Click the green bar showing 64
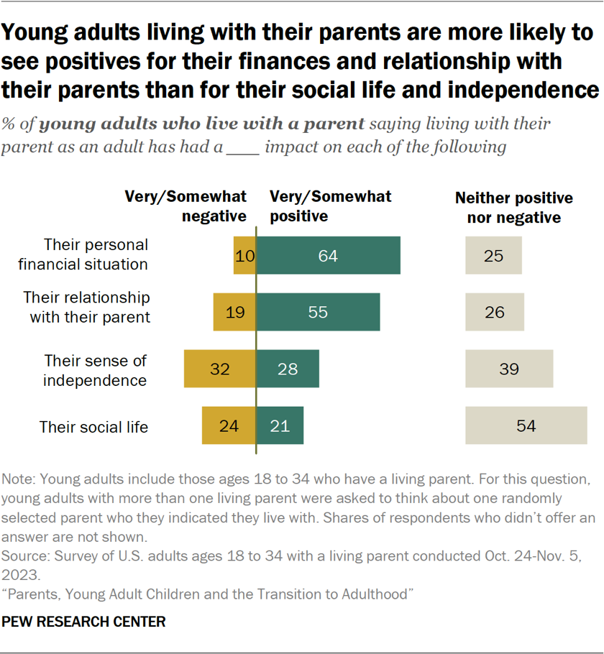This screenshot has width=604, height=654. [x=329, y=255]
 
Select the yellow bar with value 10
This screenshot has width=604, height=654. [x=244, y=255]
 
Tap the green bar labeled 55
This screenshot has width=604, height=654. [x=318, y=311]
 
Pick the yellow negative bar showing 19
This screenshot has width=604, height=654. [x=234, y=311]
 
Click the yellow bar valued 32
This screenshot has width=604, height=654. [x=219, y=369]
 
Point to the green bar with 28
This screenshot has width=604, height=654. [x=288, y=369]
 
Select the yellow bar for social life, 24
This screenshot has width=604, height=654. [x=229, y=425]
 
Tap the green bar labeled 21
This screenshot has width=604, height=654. [x=280, y=425]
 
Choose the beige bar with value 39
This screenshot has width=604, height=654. [x=509, y=369]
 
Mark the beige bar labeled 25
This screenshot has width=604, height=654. [x=493, y=255]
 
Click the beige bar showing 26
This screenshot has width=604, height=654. [x=495, y=311]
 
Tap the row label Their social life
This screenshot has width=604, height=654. [x=93, y=427]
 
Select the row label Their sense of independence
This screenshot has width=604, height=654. [x=95, y=369]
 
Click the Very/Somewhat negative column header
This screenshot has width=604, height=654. [x=186, y=206]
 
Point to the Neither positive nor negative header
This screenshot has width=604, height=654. [x=514, y=207]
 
